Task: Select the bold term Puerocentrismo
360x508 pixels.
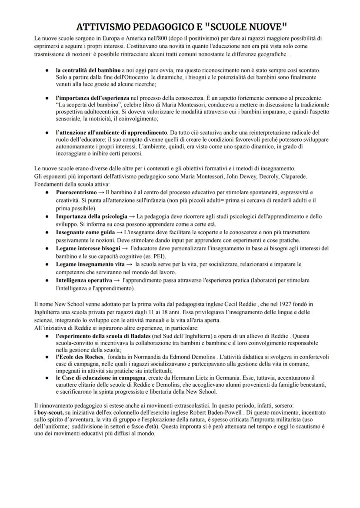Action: (77, 192)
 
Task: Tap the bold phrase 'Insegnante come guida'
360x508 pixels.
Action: (84, 232)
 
